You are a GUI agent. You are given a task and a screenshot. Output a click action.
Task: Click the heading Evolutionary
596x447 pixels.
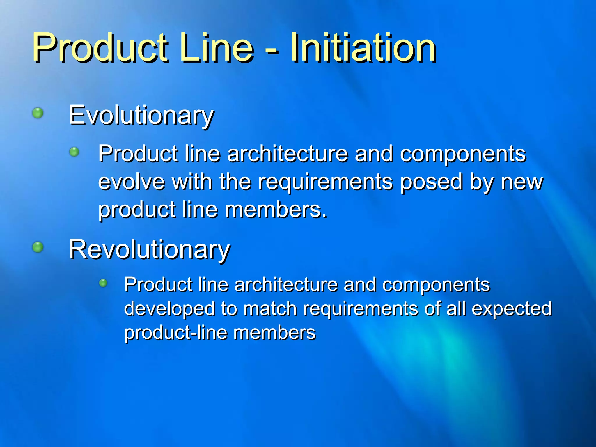click(x=141, y=116)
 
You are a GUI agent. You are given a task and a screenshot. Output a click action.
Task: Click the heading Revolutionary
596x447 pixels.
click(x=150, y=250)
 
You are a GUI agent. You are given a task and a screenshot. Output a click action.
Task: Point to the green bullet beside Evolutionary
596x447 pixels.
click(x=38, y=113)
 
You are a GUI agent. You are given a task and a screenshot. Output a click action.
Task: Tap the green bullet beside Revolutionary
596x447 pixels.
click(x=38, y=247)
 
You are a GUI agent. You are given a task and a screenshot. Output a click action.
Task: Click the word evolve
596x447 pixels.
click(x=131, y=182)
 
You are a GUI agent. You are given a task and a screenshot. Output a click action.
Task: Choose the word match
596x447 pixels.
click(x=269, y=308)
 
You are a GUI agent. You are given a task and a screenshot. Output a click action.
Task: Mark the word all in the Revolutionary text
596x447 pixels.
click(x=456, y=308)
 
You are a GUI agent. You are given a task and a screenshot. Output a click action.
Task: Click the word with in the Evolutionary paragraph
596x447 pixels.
click(x=192, y=182)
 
